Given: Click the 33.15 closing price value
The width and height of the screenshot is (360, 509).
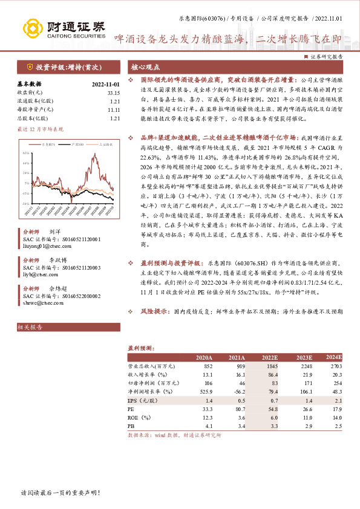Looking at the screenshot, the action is coord(112,92).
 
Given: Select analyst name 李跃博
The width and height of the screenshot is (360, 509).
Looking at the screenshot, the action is coord(54,260).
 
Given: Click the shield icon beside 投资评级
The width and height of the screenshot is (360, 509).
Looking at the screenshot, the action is coord(30,68).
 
